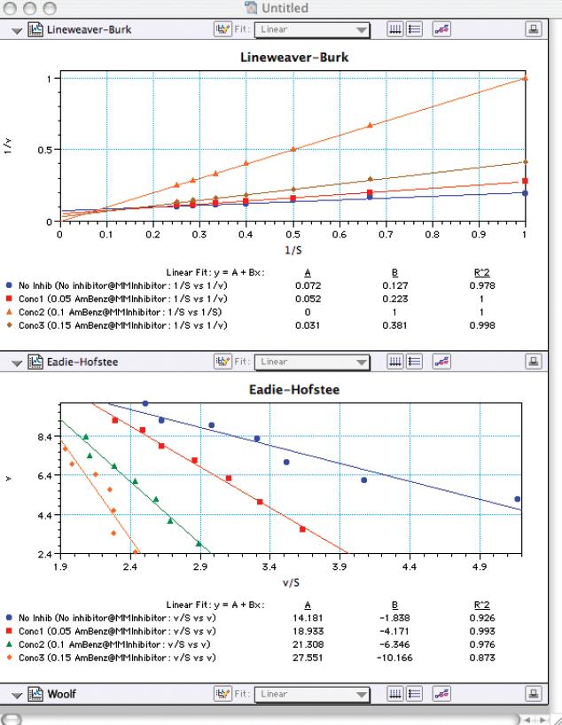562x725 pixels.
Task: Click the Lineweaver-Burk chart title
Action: click(293, 58)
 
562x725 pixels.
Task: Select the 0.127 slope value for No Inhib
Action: click(394, 285)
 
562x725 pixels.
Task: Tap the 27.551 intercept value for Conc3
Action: click(307, 659)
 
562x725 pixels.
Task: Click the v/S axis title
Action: click(292, 582)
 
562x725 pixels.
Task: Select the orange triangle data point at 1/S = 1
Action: click(526, 78)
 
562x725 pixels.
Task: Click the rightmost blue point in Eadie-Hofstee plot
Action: click(517, 499)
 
